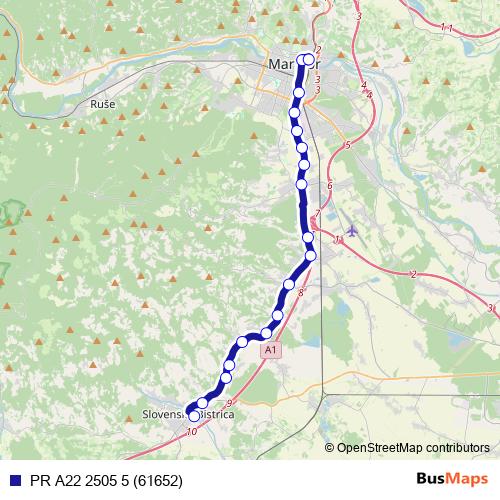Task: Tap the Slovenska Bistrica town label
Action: pos(187,413)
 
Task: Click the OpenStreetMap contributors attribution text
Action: pos(413,447)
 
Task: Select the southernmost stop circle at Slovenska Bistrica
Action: pos(193,416)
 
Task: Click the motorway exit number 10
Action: pos(191,432)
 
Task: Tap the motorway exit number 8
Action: pos(300,292)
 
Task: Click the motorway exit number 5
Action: pos(346,146)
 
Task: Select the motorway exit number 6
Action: pos(329,186)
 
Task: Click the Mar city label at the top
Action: pos(282,65)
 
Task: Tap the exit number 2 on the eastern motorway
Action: pos(412,273)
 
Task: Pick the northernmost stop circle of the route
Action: pos(308,58)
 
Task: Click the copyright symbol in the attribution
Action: pos(330,447)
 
